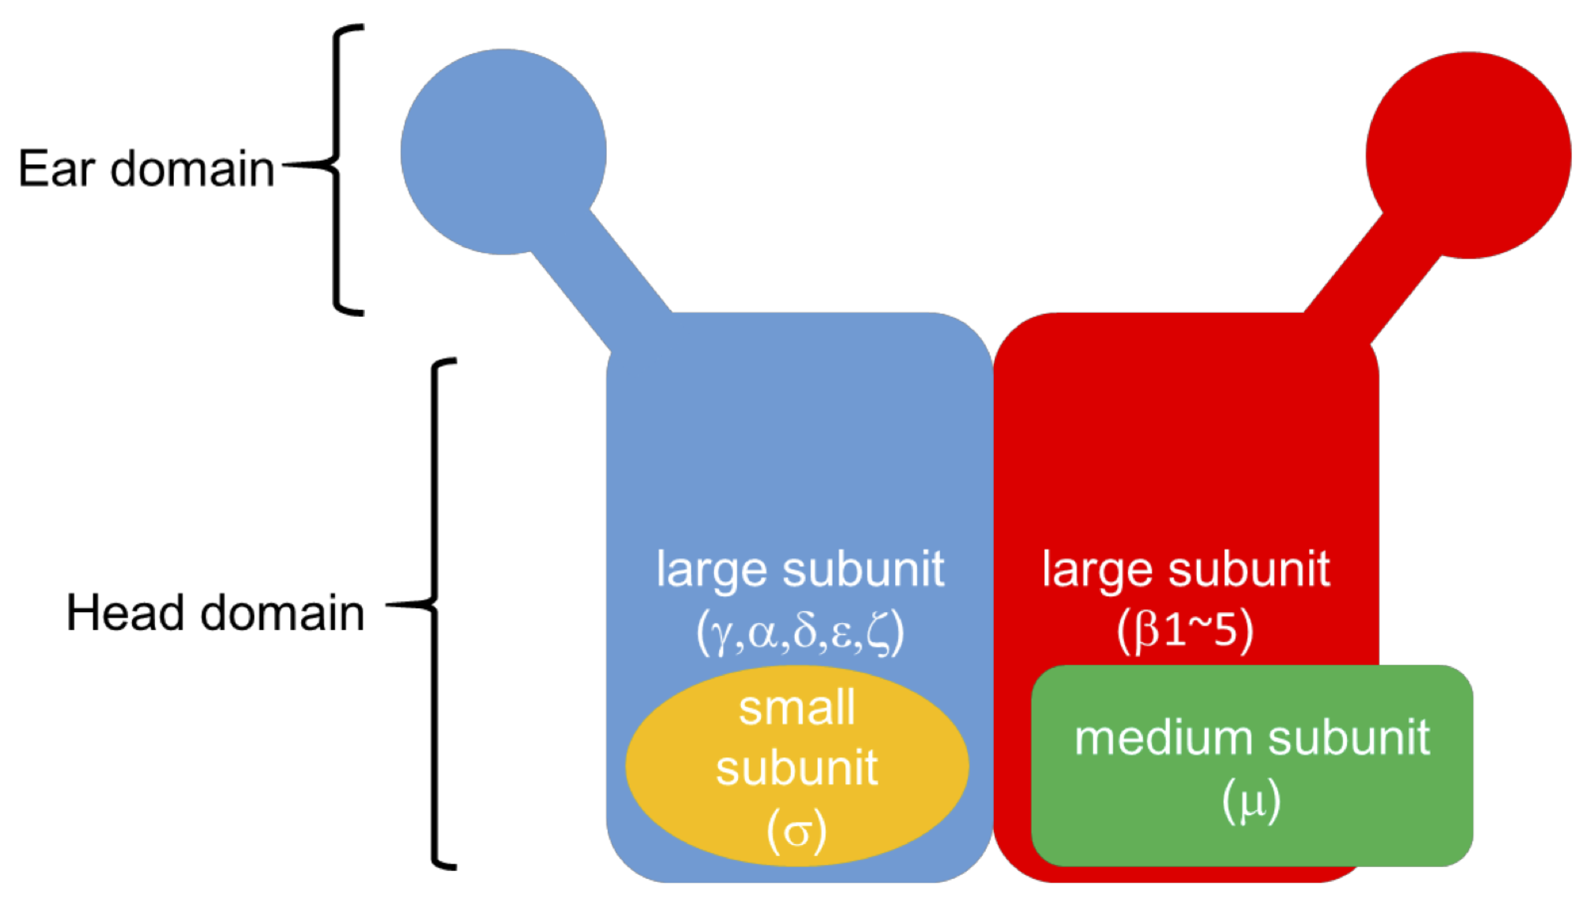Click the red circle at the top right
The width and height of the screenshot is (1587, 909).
pyautogui.click(x=1468, y=155)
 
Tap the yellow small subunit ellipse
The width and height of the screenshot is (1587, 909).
pyautogui.click(x=687, y=768)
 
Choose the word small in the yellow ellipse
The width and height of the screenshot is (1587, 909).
pyautogui.click(x=797, y=709)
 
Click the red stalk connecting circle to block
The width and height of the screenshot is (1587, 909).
pyautogui.click(x=1374, y=275)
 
